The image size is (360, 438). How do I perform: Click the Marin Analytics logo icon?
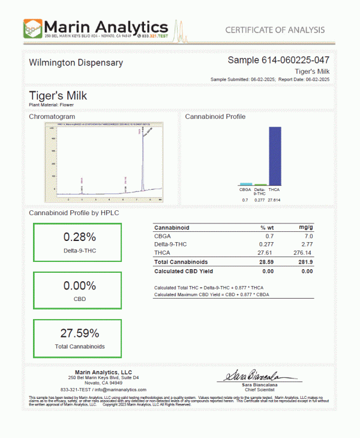coord(33,28)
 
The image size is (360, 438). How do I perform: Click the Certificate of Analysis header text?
coord(275,30)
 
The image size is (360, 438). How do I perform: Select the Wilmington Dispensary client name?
coord(76,62)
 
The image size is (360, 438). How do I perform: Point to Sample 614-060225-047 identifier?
coord(278,60)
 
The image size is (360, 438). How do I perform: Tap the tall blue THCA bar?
coord(275,156)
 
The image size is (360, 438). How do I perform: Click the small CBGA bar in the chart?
coord(245,184)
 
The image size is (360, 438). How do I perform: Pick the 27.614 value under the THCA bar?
coord(275,199)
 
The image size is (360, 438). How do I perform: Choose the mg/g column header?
coord(305,228)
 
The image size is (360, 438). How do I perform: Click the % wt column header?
coord(266,228)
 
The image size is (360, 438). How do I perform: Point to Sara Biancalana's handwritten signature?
coord(253,376)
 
